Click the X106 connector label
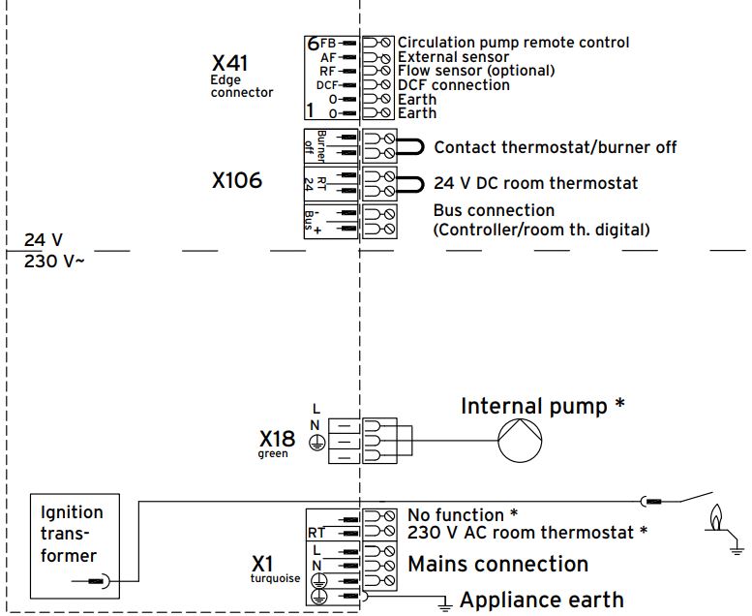tap(237, 180)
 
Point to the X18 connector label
tap(276, 439)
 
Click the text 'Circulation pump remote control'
tap(513, 43)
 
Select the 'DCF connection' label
tap(453, 85)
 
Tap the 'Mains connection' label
tap(497, 564)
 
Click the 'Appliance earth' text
tap(540, 601)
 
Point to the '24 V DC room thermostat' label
tap(535, 183)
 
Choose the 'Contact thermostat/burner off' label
tap(555, 147)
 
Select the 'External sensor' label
tap(453, 57)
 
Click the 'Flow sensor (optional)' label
tap(476, 71)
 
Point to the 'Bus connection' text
tap(494, 210)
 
